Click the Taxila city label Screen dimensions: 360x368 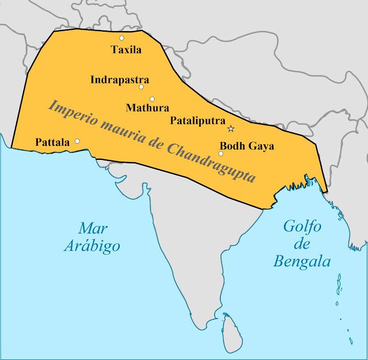126,50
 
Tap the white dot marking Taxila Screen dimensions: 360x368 122,38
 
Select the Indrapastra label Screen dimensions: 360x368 120,80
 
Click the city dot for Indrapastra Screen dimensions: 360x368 141,87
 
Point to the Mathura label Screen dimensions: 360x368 147,108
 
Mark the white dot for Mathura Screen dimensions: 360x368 152,99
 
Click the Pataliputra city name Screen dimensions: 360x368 198,121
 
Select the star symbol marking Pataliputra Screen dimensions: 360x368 231,128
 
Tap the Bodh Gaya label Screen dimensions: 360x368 247,146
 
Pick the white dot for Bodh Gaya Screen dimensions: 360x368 221,154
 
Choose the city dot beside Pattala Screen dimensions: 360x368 78,141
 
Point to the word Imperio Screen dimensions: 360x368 72,110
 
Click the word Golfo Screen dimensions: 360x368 302,226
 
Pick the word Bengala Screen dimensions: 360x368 302,262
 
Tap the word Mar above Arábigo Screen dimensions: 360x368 93,227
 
